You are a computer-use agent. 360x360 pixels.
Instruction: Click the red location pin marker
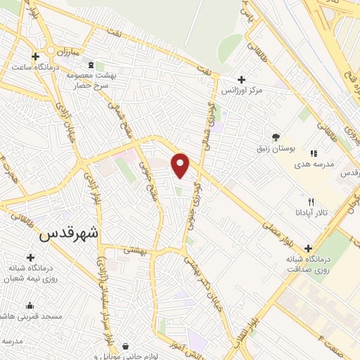(x=181, y=166)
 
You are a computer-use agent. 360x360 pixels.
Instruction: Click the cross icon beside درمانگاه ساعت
(x=36, y=56)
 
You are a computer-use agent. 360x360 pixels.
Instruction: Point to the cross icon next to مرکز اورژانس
(x=242, y=79)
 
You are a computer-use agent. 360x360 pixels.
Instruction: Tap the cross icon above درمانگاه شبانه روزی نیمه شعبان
(x=30, y=258)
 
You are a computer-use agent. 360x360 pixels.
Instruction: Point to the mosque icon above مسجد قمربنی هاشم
(x=30, y=305)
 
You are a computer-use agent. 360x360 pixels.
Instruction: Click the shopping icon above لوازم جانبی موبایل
(x=125, y=346)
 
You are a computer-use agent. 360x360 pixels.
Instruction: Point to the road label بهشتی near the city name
(x=134, y=250)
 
